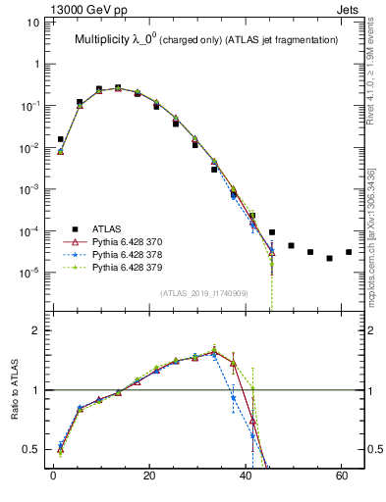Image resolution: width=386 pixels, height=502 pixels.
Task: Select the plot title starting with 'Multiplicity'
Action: pyautogui.click(x=206, y=39)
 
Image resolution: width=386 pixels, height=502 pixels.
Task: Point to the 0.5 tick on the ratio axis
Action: pyautogui.click(x=35, y=449)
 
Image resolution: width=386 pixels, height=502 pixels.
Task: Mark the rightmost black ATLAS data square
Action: pyautogui.click(x=349, y=252)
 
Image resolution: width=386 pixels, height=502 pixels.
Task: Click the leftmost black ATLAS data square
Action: pyautogui.click(x=60, y=139)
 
